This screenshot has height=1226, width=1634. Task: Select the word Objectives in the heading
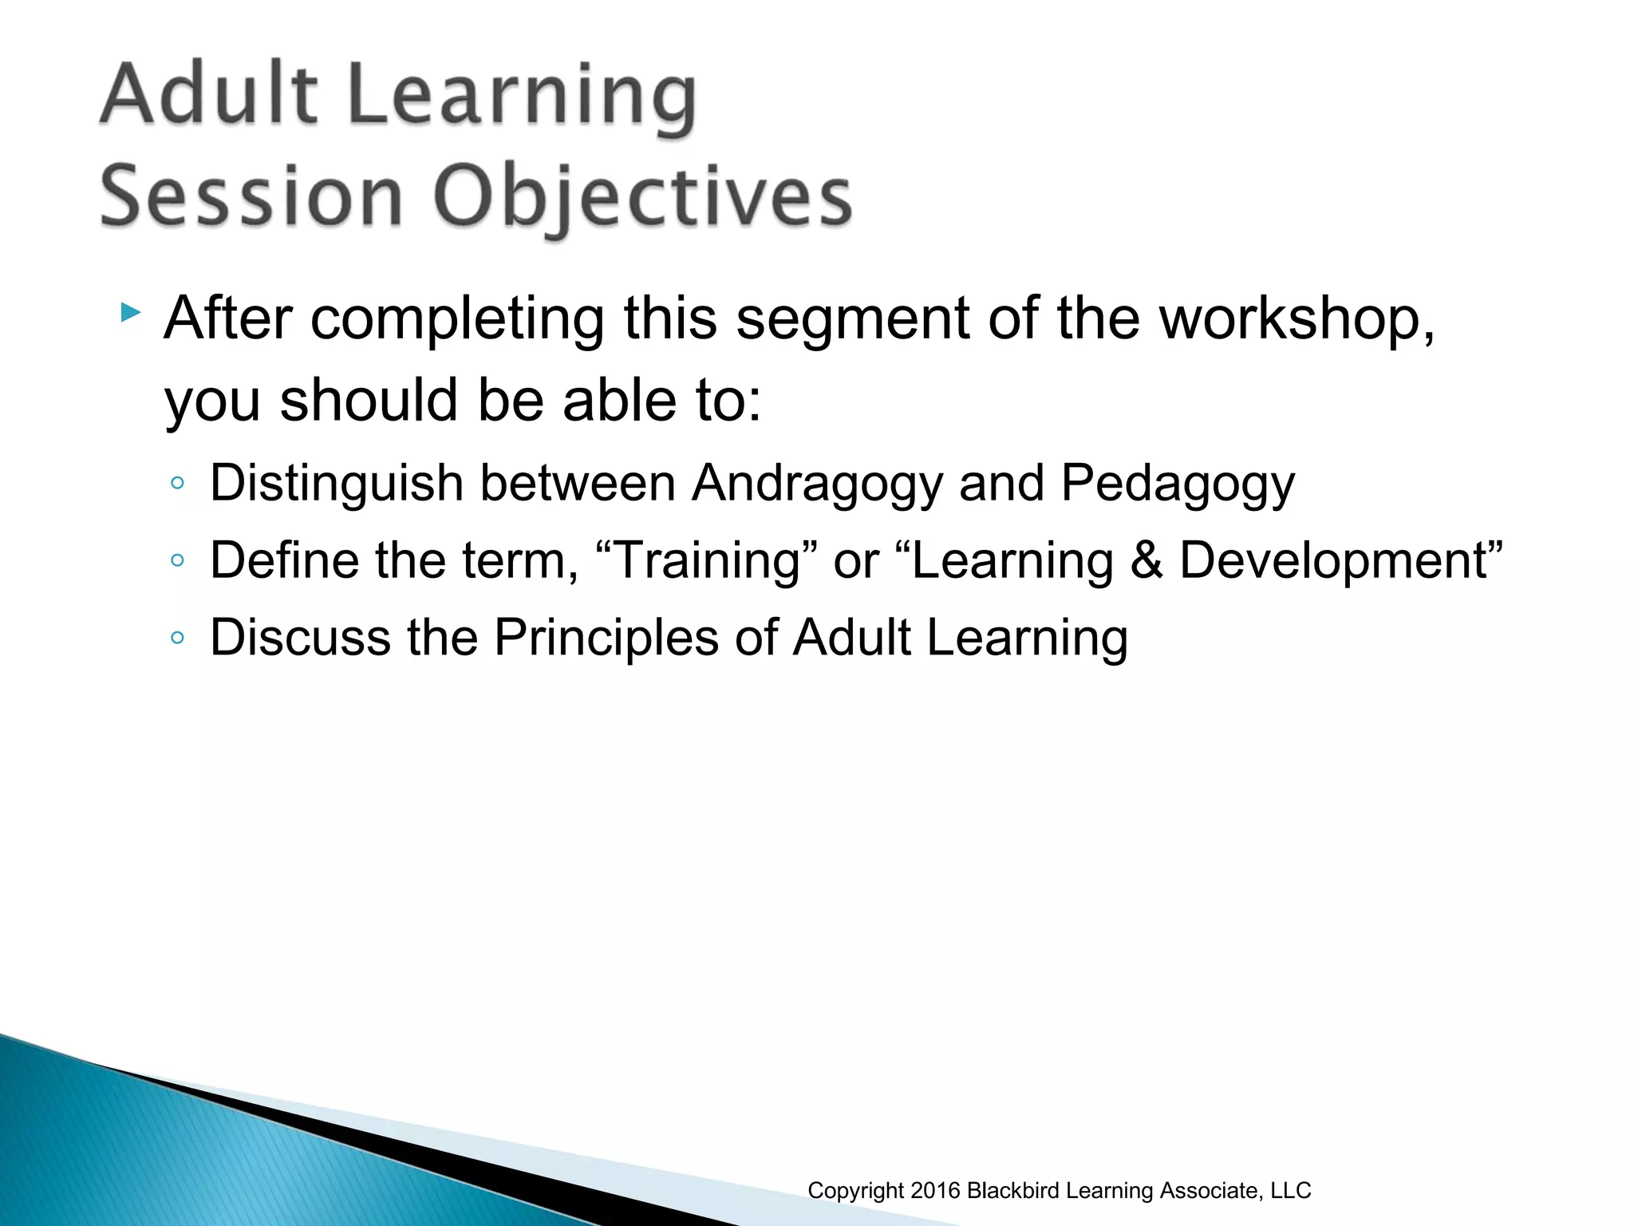pyautogui.click(x=643, y=199)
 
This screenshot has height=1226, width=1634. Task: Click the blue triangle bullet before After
pyautogui.click(x=130, y=312)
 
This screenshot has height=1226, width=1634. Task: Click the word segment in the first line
pyautogui.click(x=852, y=319)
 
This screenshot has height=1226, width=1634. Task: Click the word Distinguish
pyautogui.click(x=337, y=484)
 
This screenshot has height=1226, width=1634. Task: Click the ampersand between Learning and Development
pyautogui.click(x=1147, y=560)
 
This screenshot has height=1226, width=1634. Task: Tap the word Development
pyautogui.click(x=1334, y=560)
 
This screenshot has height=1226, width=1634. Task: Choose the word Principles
pyautogui.click(x=606, y=638)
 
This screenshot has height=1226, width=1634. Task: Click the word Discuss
pyautogui.click(x=300, y=637)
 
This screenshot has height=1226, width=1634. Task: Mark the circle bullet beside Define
pyautogui.click(x=177, y=561)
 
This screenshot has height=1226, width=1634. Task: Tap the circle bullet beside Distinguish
pyautogui.click(x=177, y=484)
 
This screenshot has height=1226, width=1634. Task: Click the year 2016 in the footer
pyautogui.click(x=935, y=1191)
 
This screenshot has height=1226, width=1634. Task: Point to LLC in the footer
pyautogui.click(x=1290, y=1191)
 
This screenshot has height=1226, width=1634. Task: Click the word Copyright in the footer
pyautogui.click(x=856, y=1191)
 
